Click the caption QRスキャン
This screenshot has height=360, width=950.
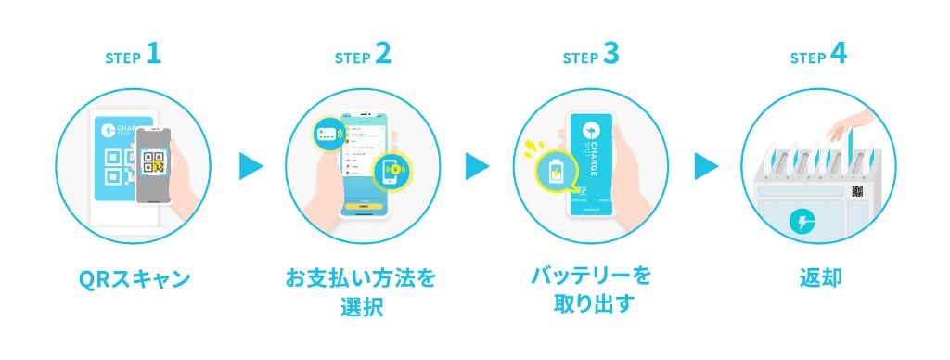pyautogui.click(x=133, y=277)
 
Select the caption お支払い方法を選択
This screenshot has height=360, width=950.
pyautogui.click(x=361, y=291)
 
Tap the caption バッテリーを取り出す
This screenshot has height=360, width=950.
pyautogui.click(x=590, y=291)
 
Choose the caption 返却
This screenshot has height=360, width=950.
pyautogui.click(x=818, y=277)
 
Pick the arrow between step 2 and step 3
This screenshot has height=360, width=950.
pyautogui.click(x=478, y=167)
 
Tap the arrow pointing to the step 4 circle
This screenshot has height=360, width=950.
pyautogui.click(x=706, y=167)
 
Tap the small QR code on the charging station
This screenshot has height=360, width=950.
pyautogui.click(x=858, y=191)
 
